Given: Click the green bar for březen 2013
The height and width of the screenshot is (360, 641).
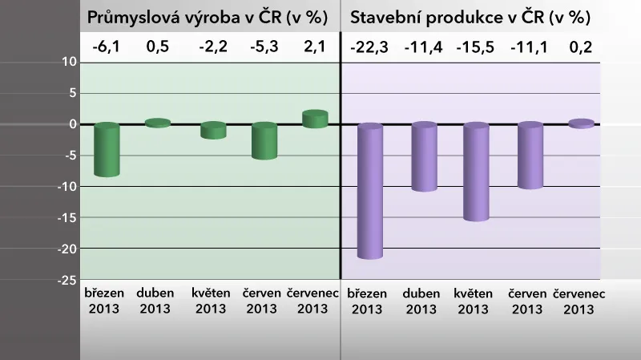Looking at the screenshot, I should pos(107,150).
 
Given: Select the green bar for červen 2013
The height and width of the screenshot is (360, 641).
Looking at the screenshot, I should pos(264,141).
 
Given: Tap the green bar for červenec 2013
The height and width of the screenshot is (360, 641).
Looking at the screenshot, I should pos(315,119).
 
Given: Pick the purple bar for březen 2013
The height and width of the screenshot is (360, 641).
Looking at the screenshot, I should pos(370,191).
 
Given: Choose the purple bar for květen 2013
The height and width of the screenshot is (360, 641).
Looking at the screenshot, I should pos(476,172).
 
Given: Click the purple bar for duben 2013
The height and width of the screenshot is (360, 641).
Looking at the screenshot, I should pos(423,157).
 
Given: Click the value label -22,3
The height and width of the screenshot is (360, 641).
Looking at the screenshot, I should pos(370,46).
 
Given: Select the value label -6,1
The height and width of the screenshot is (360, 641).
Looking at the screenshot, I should pos(106,46).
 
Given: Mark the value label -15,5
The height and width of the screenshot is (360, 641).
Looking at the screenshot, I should pos(476,46).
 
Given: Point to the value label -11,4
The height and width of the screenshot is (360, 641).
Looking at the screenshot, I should pos(423,46).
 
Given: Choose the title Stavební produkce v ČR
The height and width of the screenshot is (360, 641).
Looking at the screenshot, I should pos(471,18).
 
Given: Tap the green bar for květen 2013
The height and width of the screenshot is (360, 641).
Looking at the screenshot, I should pos(213,131).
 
